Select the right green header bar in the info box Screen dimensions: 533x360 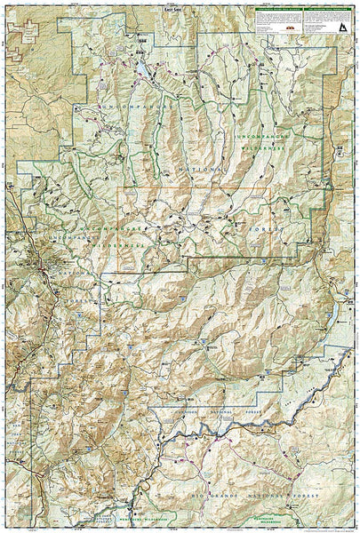[x=311, y=11]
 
